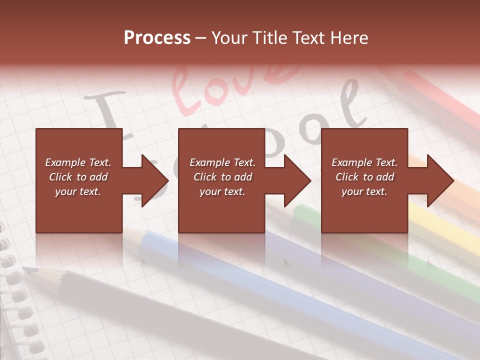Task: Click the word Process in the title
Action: pos(157,38)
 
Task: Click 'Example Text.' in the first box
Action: pos(78,162)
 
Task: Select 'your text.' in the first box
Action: pos(78,191)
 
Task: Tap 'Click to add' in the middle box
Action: pos(222,177)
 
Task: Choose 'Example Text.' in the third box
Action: pos(364,162)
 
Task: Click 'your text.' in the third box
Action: pos(364,191)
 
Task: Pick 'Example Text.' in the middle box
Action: pos(222,162)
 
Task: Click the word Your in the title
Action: pos(230,38)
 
